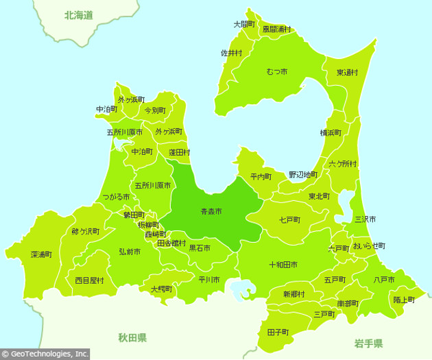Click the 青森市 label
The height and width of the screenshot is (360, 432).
[x=211, y=212]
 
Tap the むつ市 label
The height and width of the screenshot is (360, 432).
[x=276, y=71]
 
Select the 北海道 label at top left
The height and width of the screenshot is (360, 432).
[x=78, y=14]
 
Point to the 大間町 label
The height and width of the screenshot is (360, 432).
[x=245, y=24]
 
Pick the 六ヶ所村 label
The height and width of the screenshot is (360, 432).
[x=342, y=163]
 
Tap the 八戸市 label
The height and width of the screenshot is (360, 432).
[x=384, y=280]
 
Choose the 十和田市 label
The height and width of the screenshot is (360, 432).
[x=283, y=264]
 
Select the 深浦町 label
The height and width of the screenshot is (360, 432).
[x=42, y=254]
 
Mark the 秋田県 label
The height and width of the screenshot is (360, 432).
[x=132, y=338]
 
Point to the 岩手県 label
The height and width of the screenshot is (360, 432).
[x=369, y=342]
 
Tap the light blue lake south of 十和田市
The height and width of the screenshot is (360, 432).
[x=241, y=290]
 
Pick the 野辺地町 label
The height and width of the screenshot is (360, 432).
[x=303, y=175]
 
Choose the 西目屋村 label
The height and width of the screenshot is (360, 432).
[x=89, y=280]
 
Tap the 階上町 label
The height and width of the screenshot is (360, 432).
[x=404, y=300]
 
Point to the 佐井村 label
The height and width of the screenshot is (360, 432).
[x=231, y=53]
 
